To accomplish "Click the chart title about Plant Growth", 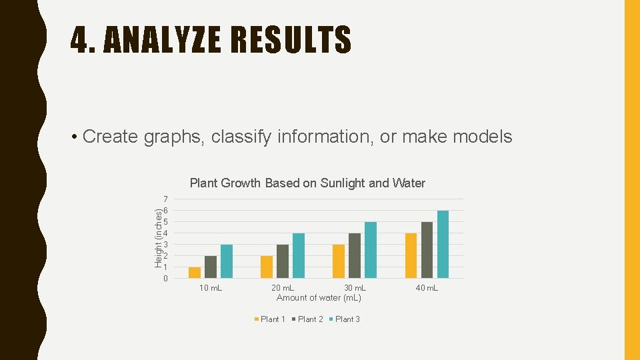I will (x=307, y=183).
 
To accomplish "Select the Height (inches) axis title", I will (x=159, y=238).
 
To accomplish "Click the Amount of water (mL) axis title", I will (x=319, y=298).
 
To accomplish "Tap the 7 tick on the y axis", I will (x=165, y=199).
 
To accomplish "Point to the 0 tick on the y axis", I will (x=165, y=279).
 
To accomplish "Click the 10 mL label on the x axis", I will (x=211, y=288).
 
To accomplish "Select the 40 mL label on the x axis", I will (x=427, y=288).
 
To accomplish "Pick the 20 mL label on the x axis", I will (x=283, y=288).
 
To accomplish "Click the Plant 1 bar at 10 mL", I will (x=195, y=273).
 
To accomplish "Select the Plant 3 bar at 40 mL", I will (x=443, y=244).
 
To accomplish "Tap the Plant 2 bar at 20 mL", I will (x=283, y=261).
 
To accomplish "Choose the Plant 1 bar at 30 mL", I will (x=339, y=261).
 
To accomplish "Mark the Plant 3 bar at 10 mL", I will (x=227, y=261).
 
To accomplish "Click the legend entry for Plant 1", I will (x=270, y=319).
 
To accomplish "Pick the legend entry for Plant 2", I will (x=307, y=319).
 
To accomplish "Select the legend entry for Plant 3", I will (x=345, y=319).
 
